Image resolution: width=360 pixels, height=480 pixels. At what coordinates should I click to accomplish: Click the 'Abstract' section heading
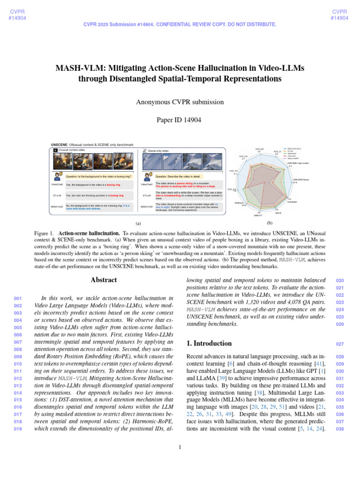pos(104,280)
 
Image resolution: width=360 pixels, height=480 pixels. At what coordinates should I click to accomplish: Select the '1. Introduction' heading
pos(209,343)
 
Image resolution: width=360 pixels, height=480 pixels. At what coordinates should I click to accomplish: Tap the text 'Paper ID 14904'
pos(180,120)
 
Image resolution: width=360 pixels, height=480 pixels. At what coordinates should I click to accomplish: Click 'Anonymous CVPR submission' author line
pos(180,102)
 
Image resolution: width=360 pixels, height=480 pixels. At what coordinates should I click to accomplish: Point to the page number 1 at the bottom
pos(180,447)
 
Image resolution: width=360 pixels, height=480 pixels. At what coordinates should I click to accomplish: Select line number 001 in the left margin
pos(18,299)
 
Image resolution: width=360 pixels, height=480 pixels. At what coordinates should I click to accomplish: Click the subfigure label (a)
pos(138,224)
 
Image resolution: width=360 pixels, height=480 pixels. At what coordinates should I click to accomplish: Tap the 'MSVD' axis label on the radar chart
pos(278,213)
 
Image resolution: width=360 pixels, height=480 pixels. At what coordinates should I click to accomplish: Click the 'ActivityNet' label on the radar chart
pos(292,202)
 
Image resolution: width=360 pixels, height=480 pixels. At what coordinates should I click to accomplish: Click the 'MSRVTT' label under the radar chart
pos(258,216)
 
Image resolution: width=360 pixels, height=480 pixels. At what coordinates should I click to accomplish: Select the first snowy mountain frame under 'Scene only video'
pos(150,162)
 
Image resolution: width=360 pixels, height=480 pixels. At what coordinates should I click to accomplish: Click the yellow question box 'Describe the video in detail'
pos(184,176)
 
